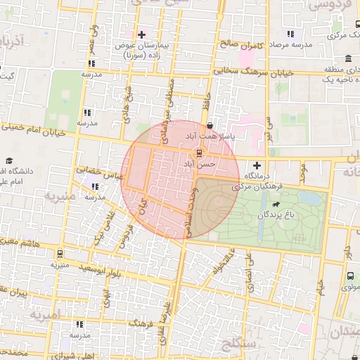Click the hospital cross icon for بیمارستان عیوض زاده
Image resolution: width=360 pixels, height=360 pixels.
[x=142, y=34]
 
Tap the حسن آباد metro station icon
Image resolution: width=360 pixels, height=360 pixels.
[x=199, y=153]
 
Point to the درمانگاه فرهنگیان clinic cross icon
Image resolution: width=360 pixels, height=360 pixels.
[x=257, y=165]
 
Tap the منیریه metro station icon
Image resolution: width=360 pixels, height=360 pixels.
[x=59, y=254]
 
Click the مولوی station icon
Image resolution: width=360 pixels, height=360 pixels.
[x=350, y=276]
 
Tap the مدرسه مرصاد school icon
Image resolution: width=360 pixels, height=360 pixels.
[x=290, y=34]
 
